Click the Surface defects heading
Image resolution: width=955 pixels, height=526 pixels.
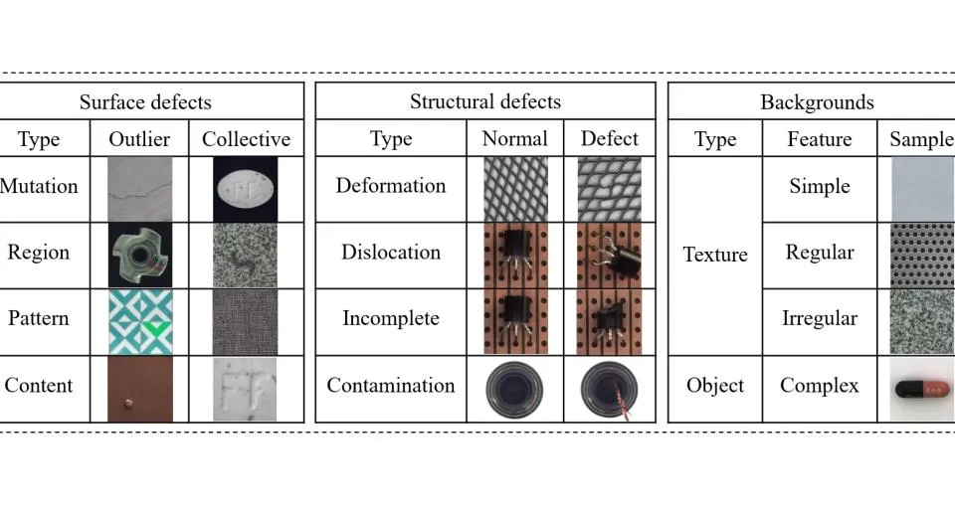click(x=145, y=101)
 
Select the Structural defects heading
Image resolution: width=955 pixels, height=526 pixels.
click(x=485, y=101)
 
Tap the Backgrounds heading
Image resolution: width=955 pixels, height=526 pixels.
click(x=818, y=102)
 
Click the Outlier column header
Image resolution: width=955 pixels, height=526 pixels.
click(x=139, y=139)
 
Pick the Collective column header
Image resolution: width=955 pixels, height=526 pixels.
click(x=246, y=139)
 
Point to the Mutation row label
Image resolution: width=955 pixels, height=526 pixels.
click(x=39, y=186)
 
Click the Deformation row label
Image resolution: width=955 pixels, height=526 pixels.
click(x=391, y=185)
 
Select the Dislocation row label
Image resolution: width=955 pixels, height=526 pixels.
click(x=391, y=252)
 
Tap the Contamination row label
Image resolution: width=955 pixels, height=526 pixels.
click(x=391, y=385)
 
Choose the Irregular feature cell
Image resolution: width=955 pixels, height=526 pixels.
click(x=820, y=318)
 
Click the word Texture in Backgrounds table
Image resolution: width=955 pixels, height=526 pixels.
click(x=715, y=255)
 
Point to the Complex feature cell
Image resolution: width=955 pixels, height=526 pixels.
click(x=820, y=386)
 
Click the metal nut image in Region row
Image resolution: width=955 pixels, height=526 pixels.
click(x=140, y=256)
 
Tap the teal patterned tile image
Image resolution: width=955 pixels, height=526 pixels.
click(x=140, y=322)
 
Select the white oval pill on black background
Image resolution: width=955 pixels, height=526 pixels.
click(x=246, y=189)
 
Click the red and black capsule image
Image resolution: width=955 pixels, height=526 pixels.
click(x=922, y=389)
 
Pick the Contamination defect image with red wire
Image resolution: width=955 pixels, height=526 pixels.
click(x=609, y=390)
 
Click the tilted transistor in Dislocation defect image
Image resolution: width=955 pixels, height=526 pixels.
click(x=620, y=256)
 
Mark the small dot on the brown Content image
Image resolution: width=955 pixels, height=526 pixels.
click(x=128, y=403)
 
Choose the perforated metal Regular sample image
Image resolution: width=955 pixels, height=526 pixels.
click(x=922, y=256)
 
